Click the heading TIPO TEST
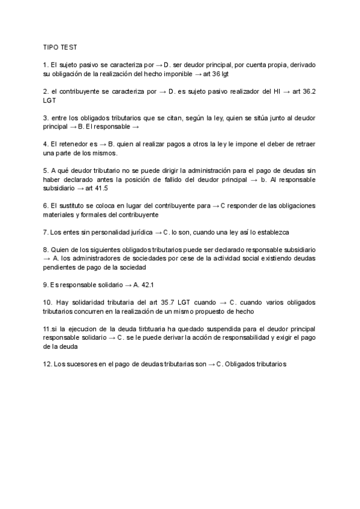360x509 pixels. [59, 46]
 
